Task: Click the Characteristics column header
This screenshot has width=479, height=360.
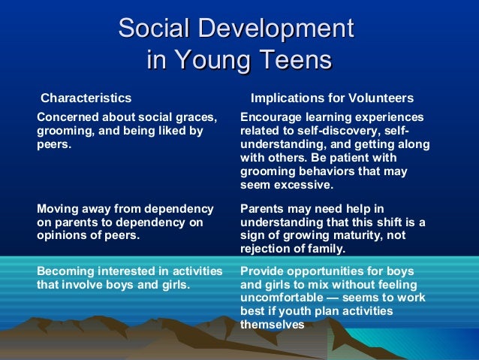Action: pyautogui.click(x=86, y=98)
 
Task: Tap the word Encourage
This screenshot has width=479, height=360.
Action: pyautogui.click(x=269, y=117)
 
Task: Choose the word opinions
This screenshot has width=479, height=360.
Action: pyautogui.click(x=59, y=235)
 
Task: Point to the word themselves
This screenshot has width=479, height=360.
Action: pyautogui.click(x=272, y=325)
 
